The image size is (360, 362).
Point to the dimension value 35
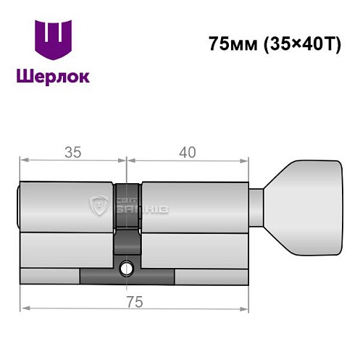(x=71, y=152)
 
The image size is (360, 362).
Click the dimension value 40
(x=188, y=152)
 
